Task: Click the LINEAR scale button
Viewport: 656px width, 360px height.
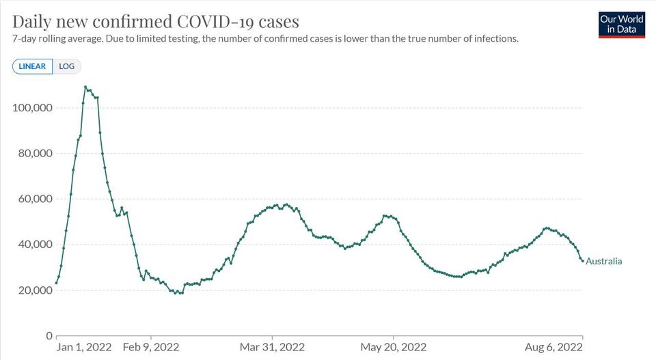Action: [32, 66]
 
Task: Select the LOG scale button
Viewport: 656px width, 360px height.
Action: [67, 66]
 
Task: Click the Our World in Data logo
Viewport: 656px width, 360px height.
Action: [621, 24]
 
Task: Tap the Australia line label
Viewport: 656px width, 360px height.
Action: [603, 261]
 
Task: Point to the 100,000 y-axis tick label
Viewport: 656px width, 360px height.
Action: [33, 108]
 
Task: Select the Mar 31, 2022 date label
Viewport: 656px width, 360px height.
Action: [272, 347]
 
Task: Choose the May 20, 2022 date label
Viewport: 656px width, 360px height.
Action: [394, 347]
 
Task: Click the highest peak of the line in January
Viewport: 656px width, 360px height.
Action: [85, 87]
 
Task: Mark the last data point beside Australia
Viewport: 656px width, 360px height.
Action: [582, 261]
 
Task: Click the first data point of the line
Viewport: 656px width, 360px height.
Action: [57, 283]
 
